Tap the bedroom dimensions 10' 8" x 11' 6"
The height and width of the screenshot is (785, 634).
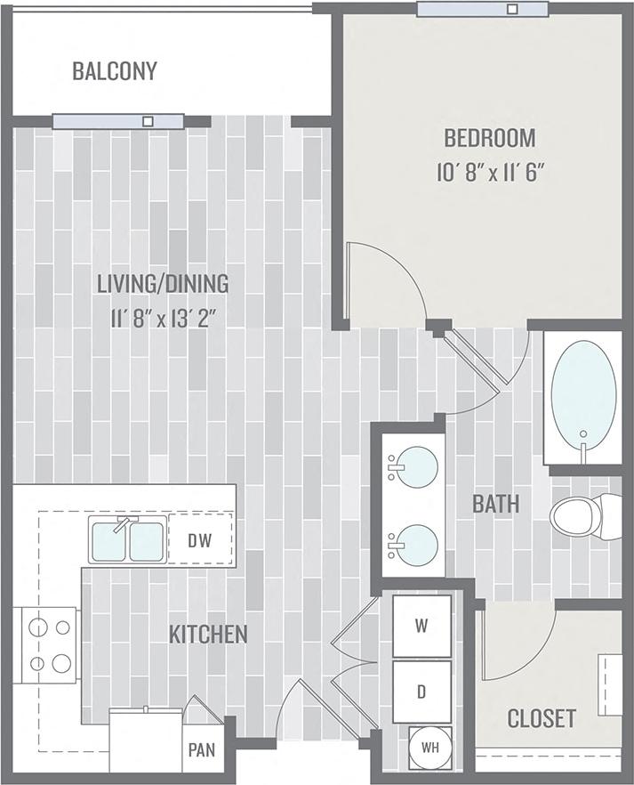coord(490,172)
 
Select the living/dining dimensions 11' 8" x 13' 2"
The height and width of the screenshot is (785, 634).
coord(163,317)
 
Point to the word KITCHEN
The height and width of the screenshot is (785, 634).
coord(208,635)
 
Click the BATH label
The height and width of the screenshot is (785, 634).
coord(495,504)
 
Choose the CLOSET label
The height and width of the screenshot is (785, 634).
coord(541,718)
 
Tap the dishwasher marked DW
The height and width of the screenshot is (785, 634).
coord(199,540)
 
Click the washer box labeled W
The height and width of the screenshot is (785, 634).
coord(421,626)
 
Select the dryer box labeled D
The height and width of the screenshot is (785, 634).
coord(421,691)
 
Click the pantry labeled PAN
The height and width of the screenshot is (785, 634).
coord(202,750)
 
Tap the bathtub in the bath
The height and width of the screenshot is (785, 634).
coord(582,398)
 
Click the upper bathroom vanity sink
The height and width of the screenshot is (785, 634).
coord(415,467)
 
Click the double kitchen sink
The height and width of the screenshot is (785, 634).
coord(128,541)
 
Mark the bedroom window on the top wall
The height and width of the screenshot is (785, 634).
coord(481,9)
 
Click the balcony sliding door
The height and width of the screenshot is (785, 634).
coord(118,121)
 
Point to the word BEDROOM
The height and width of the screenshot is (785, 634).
coord(490,138)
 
